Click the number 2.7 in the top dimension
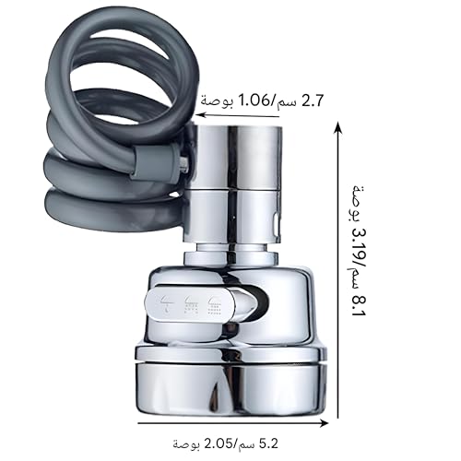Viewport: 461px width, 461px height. click(313, 100)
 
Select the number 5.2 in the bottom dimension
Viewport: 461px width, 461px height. click(268, 443)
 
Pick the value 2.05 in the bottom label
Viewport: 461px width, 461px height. click(220, 443)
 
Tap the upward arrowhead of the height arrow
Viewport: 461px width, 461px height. click(338, 126)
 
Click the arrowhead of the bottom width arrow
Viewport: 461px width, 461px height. click(324, 423)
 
